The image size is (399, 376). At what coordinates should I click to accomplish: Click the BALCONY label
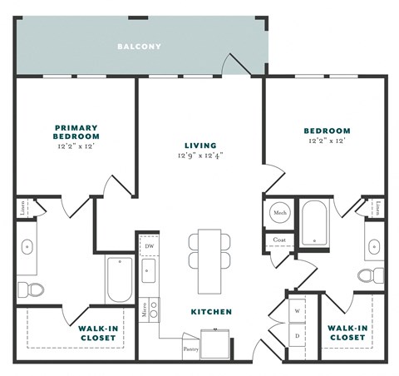point(139,47)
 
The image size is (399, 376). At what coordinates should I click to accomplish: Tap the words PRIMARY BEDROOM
point(76,132)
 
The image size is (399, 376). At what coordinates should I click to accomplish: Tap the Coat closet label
point(278,240)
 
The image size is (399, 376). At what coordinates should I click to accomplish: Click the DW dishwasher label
point(150,247)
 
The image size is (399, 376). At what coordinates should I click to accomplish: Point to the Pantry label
point(191,349)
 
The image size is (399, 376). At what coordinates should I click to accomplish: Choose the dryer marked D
point(297,335)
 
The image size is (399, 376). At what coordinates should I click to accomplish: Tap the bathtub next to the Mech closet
point(316,222)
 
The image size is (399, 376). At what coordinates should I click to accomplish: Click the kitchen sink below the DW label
point(149,271)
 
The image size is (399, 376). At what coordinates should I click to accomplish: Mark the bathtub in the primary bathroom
point(119,280)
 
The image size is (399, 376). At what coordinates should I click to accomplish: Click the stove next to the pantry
point(220,343)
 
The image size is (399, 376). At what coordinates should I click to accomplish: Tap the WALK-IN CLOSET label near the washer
point(347,333)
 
